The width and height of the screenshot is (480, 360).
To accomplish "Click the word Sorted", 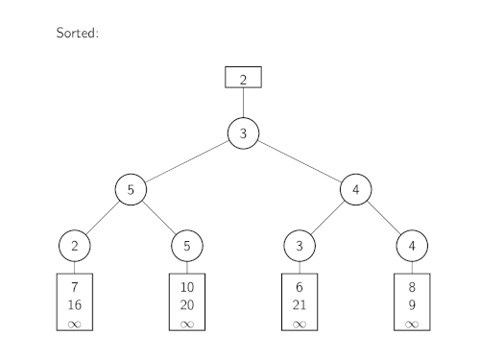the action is click(78, 33).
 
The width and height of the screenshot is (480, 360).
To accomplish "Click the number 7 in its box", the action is click(75, 287).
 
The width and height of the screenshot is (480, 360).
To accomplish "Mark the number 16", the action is click(75, 305).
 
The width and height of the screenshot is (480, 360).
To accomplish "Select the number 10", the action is click(187, 287).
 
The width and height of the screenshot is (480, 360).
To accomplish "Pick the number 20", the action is click(187, 305).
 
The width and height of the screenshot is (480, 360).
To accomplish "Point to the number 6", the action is click(300, 287).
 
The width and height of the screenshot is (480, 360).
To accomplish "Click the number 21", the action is click(300, 305).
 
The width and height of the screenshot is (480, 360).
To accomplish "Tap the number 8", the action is click(412, 287).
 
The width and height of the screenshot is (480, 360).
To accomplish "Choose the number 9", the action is click(412, 305).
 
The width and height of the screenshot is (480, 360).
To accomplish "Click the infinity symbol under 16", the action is click(75, 324).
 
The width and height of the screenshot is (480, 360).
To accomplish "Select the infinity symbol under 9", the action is click(412, 324).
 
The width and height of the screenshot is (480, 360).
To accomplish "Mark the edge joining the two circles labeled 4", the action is click(384, 218).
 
